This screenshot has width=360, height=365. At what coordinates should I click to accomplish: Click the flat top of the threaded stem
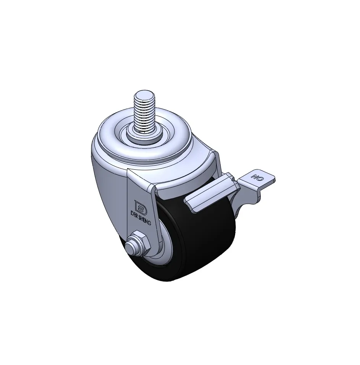click(144, 94)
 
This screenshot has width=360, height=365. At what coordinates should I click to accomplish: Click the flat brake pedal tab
click(257, 178)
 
